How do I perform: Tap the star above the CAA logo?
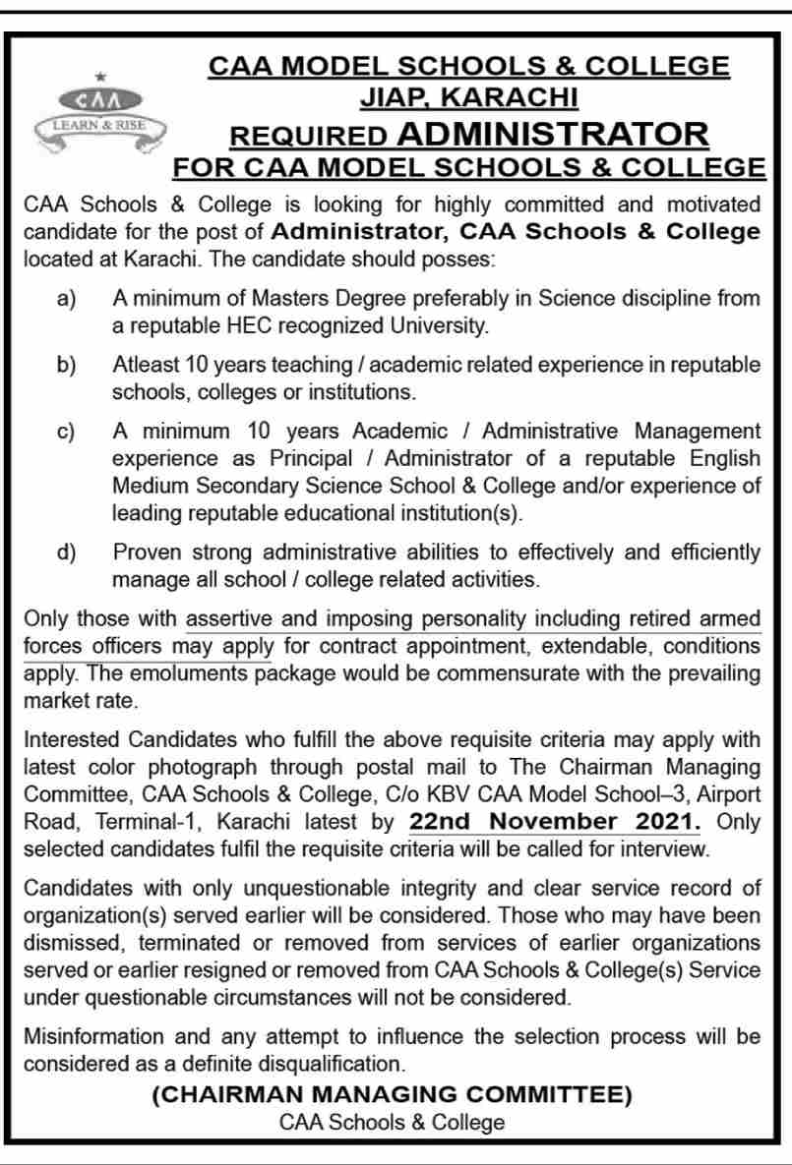97,76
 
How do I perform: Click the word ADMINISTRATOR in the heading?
554,133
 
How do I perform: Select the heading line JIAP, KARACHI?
468,97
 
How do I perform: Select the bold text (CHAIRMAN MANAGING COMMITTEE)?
392,1094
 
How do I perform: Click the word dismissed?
70,943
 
